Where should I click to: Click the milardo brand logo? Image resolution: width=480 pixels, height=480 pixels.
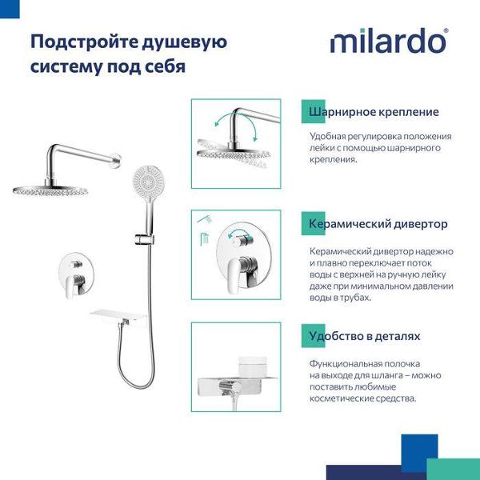point(389,40)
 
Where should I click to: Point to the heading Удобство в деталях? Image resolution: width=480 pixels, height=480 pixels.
point(365,336)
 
